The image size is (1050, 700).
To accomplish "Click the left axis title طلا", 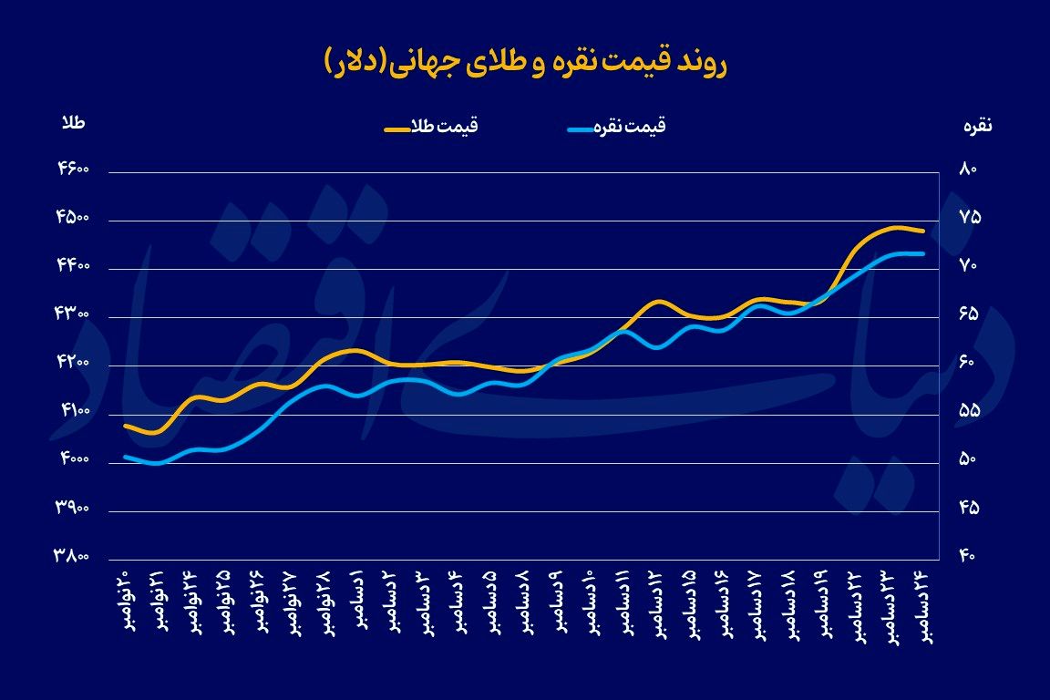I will coord(73,124).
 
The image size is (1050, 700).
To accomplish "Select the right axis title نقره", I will coord(977,127).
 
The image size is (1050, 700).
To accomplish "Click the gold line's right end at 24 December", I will coord(922,232).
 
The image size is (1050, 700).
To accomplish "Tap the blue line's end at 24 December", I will coord(922,253).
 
